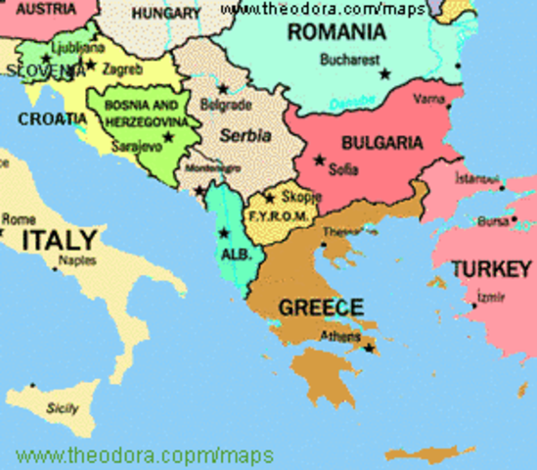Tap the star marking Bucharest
click(384, 73)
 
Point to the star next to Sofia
click(319, 159)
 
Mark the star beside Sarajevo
click(168, 136)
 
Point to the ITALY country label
click(60, 239)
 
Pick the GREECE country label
click(321, 306)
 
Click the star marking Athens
click(370, 347)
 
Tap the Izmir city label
click(490, 297)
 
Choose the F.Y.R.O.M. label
click(279, 215)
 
